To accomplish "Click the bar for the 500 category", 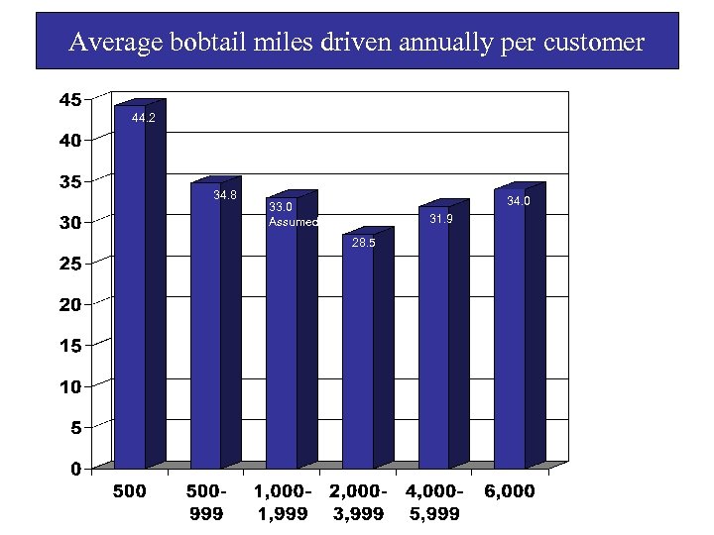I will (130, 287).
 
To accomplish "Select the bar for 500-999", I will (205, 327).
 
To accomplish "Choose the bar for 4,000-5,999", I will (433, 337).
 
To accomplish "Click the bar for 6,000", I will (510, 327).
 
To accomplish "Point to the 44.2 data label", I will (144, 118).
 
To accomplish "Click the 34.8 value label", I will (225, 195).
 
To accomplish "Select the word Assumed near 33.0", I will (293, 222).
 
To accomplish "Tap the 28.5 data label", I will (364, 243).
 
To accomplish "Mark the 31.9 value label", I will (440, 219).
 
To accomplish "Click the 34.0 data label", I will (519, 201).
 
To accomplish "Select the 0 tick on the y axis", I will (75, 469).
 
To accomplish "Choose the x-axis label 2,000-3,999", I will (358, 502).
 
